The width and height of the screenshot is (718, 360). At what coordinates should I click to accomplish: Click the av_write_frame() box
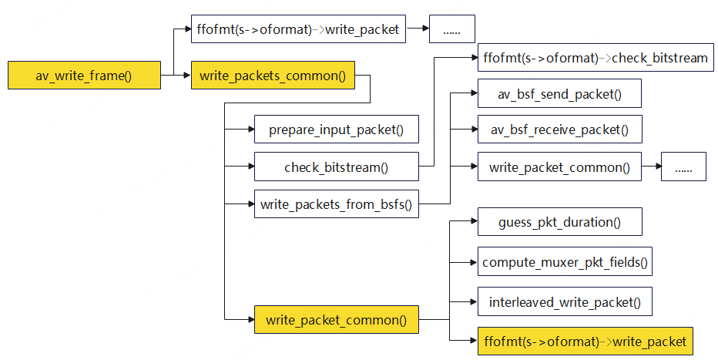tap(84, 76)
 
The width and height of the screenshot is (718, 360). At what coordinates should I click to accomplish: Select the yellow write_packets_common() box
tap(273, 76)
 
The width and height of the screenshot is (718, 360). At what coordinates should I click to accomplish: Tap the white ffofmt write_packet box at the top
tap(298, 30)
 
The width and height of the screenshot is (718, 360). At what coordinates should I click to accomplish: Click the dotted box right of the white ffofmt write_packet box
tap(451, 30)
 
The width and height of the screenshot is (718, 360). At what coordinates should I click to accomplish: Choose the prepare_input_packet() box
tap(336, 130)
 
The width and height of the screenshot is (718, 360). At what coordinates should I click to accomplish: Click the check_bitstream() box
tap(336, 167)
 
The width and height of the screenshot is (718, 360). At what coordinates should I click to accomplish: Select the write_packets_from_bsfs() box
tap(336, 204)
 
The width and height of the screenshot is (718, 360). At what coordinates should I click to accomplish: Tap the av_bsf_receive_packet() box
tap(559, 130)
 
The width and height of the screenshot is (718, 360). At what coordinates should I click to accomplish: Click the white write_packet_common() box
tap(559, 167)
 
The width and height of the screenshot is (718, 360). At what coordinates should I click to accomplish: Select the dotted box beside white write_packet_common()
tap(683, 167)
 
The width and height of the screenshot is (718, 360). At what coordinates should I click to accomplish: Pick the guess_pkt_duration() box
tap(559, 223)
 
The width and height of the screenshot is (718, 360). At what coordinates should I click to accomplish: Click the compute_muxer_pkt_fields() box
tap(565, 262)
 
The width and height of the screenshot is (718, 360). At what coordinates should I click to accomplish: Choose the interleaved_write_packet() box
tap(565, 301)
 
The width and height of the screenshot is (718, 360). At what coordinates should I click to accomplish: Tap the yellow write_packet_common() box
tap(336, 319)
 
